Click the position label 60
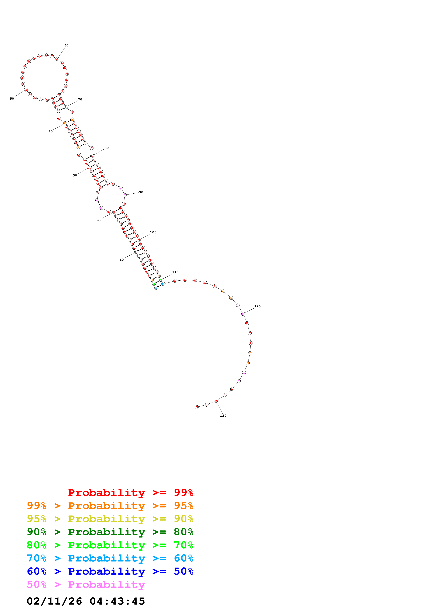point(66,46)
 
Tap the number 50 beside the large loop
point(12,99)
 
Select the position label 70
point(80,99)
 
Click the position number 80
point(107,148)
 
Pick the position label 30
point(75,175)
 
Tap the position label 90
point(141,192)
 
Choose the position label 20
point(99,220)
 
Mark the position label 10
point(121,260)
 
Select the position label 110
point(175,272)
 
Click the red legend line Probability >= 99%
point(131,492)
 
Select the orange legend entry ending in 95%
point(110,505)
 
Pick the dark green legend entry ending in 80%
point(110,532)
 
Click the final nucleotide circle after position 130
point(197,407)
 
